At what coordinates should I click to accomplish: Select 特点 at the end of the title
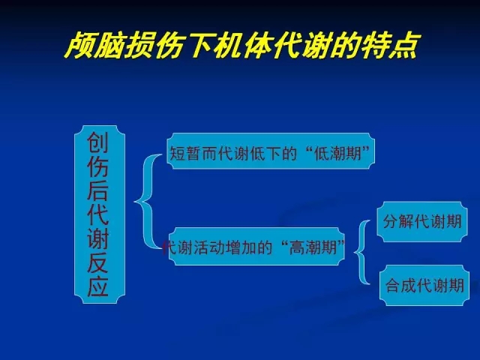coord(389,45)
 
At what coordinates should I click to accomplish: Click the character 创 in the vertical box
coord(98,142)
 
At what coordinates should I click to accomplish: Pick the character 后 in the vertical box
coord(98,190)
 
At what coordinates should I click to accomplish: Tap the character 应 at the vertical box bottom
coord(98,286)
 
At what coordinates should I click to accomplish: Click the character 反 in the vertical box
coord(98,262)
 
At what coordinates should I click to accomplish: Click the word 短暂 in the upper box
coord(185,153)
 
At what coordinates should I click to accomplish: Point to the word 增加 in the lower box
coord(241,247)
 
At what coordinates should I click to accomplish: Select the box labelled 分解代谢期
coord(422,222)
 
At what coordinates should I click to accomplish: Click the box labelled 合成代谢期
coord(424,285)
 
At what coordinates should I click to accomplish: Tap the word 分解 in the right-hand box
coord(398,221)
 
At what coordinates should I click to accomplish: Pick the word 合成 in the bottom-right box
coord(401,285)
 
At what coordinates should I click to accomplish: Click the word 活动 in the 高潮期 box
coord(210,247)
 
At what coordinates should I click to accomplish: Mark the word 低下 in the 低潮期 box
coord(265,153)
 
